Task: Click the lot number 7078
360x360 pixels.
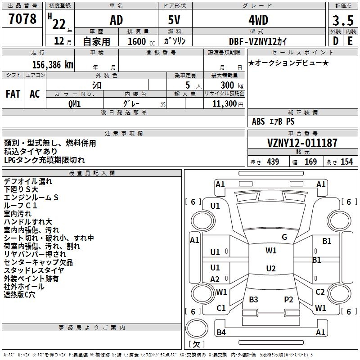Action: click(22, 19)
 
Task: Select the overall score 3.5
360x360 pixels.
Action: click(342, 21)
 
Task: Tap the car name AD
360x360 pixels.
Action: click(116, 20)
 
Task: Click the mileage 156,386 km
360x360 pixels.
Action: click(53, 64)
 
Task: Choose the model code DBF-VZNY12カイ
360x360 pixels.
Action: click(257, 41)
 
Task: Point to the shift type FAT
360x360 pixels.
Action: click(13, 94)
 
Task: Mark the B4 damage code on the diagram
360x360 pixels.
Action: click(221, 333)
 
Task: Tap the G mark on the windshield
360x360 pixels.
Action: click(284, 237)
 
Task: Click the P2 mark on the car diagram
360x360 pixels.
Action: click(288, 299)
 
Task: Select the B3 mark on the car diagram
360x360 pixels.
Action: click(253, 299)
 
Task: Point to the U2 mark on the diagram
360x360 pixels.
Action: click(270, 269)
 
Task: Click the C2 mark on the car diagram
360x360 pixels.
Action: click(320, 292)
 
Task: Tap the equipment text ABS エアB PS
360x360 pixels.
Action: click(274, 121)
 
